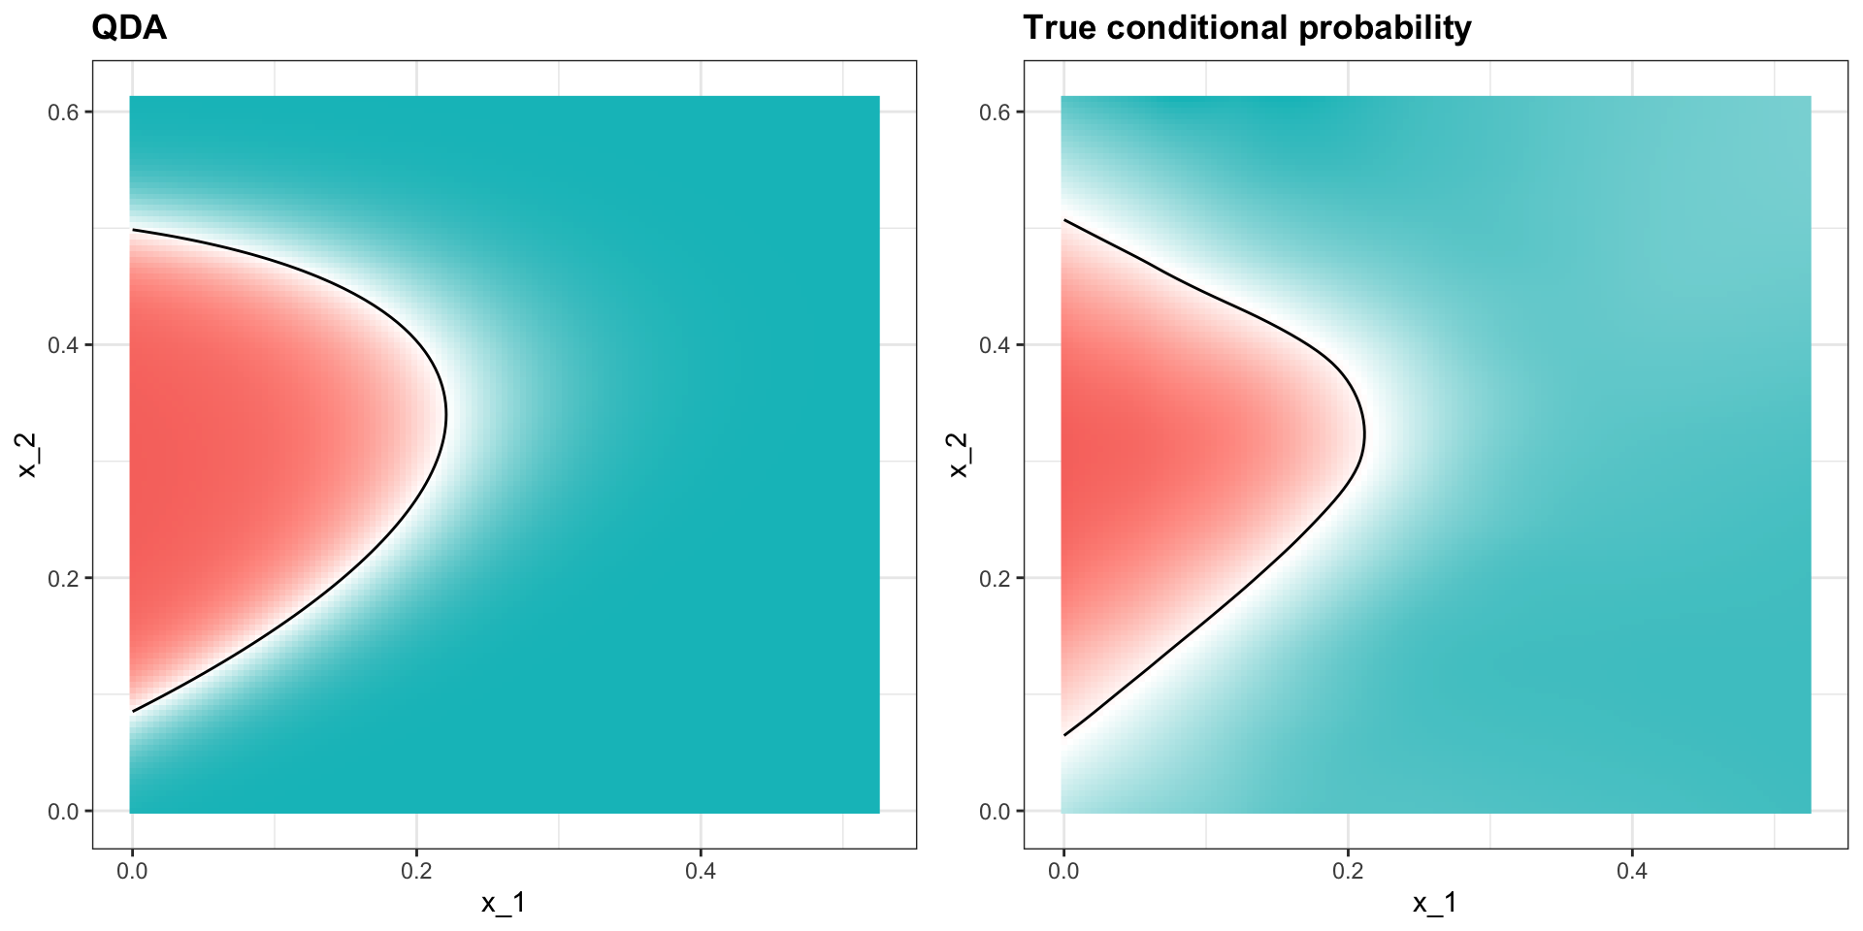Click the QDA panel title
click(129, 28)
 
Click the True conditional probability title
click(1247, 28)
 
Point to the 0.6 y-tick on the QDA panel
click(63, 112)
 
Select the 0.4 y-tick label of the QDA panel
click(63, 345)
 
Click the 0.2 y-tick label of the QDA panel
click(63, 579)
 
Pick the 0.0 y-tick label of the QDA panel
click(63, 812)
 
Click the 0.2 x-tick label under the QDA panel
click(416, 872)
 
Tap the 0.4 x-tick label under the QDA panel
click(701, 872)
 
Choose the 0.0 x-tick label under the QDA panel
click(132, 872)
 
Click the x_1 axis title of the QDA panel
click(504, 904)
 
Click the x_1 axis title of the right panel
click(1435, 904)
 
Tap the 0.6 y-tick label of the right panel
click(995, 112)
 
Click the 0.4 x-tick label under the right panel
click(1632, 872)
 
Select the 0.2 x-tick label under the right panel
click(1348, 872)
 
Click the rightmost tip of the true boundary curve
click(1364, 434)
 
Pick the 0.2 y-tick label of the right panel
click(995, 579)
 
